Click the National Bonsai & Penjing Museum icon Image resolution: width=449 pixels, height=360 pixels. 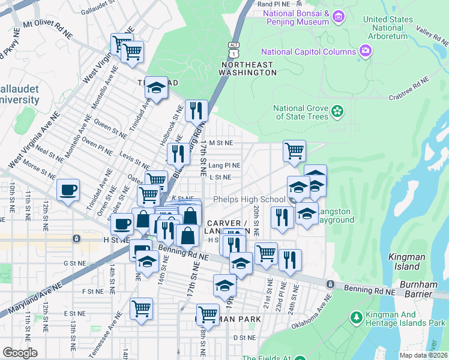pos(339,16)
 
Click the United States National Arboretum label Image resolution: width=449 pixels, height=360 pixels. pos(388,28)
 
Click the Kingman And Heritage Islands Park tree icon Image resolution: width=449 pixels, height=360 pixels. pos(357,317)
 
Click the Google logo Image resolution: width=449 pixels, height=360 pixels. pos(20,353)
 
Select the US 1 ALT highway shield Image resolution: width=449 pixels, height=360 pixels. pos(234,47)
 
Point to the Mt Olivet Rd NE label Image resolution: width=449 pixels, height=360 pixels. pos(48,29)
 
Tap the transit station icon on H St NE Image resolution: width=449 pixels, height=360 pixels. pos(76,239)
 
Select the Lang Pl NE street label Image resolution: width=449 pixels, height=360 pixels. pos(225,165)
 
